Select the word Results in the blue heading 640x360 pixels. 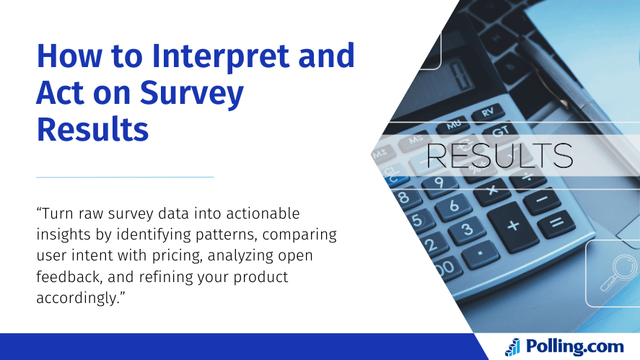click(x=92, y=130)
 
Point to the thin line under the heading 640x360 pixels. click(x=125, y=177)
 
